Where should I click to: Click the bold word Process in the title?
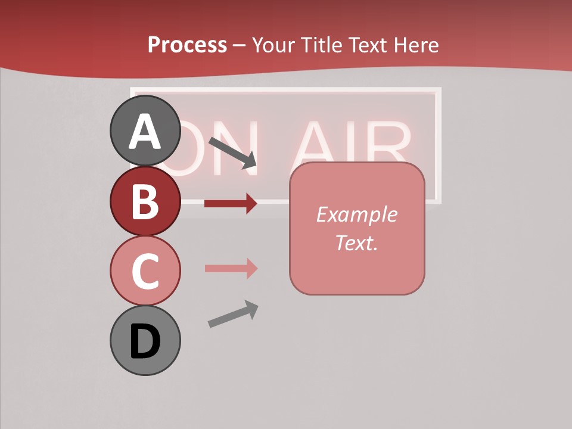click(187, 45)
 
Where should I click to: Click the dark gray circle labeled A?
click(145, 130)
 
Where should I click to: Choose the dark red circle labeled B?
click(145, 201)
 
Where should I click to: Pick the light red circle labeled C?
click(145, 271)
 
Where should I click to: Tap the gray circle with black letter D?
click(145, 341)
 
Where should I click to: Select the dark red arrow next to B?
click(231, 204)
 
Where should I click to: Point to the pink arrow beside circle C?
click(231, 269)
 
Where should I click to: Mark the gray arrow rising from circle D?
click(233, 314)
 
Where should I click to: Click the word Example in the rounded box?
click(356, 214)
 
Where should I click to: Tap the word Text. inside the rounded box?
click(356, 243)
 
